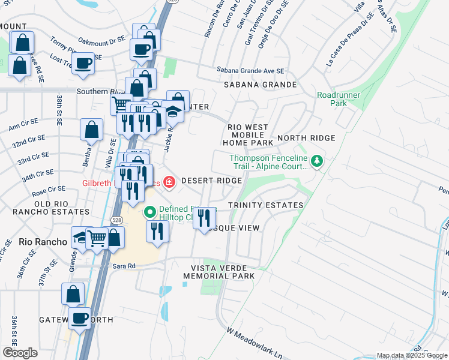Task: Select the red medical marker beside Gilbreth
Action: [169, 181]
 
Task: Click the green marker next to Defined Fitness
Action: [150, 212]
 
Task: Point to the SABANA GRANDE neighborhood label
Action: [260, 85]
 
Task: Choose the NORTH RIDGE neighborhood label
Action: [306, 138]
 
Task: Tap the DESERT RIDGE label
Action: [211, 181]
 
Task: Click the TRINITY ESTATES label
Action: [265, 205]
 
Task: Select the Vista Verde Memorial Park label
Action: [219, 271]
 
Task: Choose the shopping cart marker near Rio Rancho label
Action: [97, 238]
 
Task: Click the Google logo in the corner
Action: [20, 353]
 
